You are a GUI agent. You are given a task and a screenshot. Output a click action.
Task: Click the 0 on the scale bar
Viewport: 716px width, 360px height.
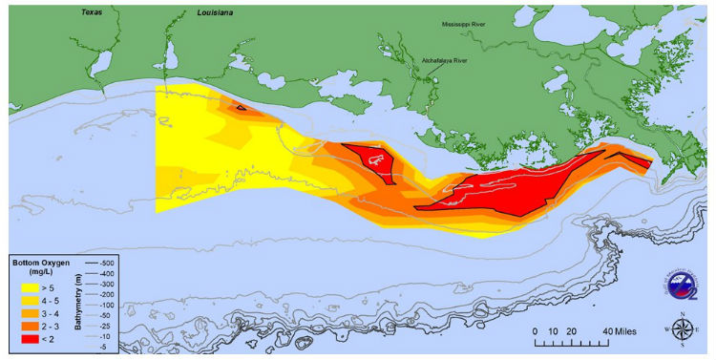pos(537,329)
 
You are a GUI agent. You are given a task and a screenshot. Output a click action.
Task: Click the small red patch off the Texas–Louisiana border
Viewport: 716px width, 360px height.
pos(242,108)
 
